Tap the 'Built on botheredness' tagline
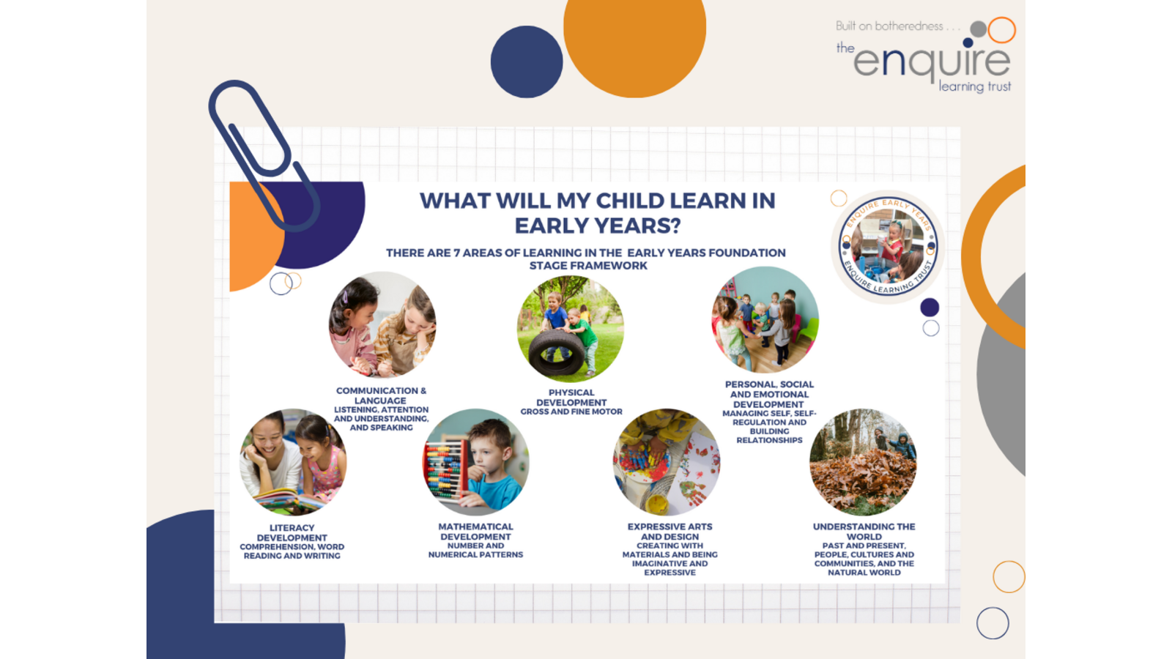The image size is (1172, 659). [889, 26]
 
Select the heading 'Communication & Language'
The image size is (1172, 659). [381, 395]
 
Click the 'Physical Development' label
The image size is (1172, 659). [571, 398]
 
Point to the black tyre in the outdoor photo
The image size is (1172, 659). [556, 352]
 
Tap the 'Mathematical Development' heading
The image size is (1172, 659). [475, 532]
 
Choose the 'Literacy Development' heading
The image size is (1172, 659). [292, 533]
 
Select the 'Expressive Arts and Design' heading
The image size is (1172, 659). [670, 532]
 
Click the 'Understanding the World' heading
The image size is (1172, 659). [864, 532]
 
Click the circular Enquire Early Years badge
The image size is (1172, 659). [888, 246]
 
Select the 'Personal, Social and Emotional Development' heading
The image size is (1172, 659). [769, 395]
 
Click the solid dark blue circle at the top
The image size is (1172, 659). [527, 62]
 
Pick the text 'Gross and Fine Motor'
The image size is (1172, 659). [571, 412]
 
